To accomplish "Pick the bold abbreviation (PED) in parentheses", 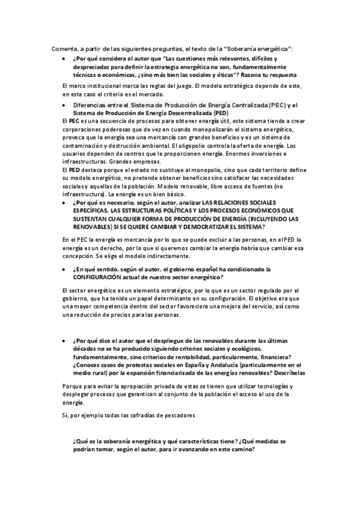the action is pyautogui.click(x=219, y=112).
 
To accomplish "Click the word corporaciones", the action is pyautogui.click(x=84, y=129).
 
